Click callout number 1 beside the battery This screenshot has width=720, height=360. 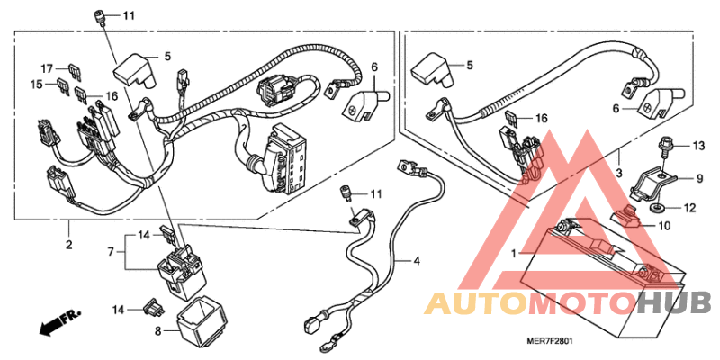click(x=514, y=254)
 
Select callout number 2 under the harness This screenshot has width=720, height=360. click(x=69, y=244)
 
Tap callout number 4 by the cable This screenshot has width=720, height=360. click(x=417, y=261)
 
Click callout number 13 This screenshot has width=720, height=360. click(x=699, y=145)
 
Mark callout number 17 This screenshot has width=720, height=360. click(x=47, y=67)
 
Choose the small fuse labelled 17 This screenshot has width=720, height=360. click(x=71, y=68)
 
